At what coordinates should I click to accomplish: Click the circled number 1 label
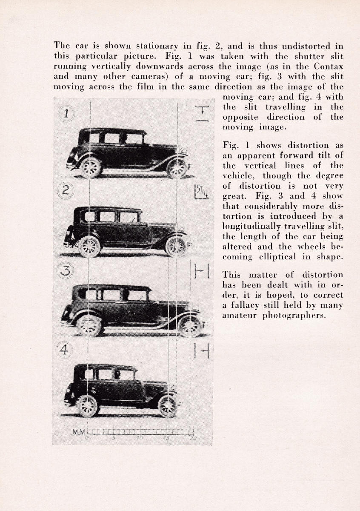click(x=66, y=113)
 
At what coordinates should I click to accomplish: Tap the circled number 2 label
click(x=66, y=190)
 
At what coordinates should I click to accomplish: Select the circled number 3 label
click(x=66, y=270)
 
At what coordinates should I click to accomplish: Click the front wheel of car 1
click(x=177, y=168)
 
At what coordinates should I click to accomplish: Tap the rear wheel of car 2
click(x=89, y=247)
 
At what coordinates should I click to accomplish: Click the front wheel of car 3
click(x=189, y=326)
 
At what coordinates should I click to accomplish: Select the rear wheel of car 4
click(x=88, y=406)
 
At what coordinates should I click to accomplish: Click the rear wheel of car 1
click(x=91, y=167)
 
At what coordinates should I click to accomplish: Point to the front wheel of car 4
click(x=168, y=406)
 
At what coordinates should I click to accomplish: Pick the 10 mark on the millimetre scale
click(x=140, y=439)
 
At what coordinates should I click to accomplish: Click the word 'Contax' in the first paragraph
click(x=329, y=66)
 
